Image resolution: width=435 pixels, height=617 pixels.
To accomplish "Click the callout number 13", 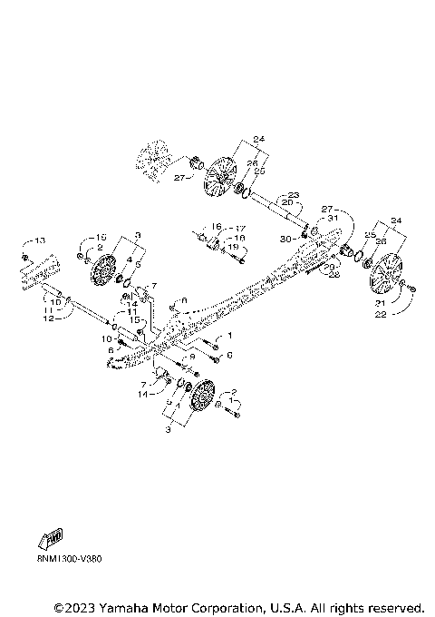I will point(39,240).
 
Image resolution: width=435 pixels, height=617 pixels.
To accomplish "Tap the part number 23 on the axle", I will point(293,194).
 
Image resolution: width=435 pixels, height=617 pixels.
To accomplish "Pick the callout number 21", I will point(381,302).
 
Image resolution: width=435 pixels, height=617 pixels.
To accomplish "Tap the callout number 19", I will point(232,247).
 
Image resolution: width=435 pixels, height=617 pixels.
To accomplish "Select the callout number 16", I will point(217,227).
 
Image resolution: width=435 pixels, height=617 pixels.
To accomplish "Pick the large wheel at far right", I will point(387,272).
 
